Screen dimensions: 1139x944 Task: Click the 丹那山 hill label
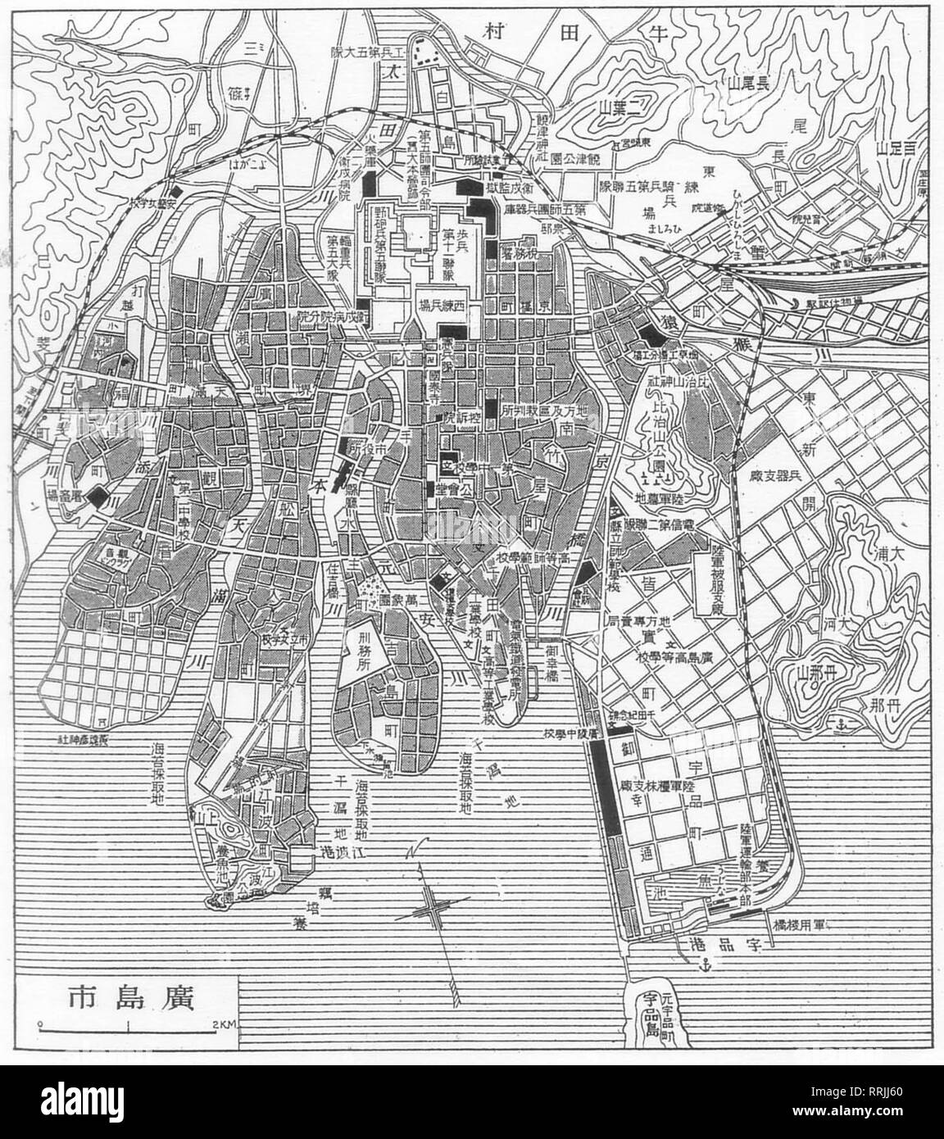point(819,674)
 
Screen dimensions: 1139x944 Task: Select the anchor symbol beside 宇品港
point(701,967)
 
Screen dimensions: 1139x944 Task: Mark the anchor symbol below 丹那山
point(839,724)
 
